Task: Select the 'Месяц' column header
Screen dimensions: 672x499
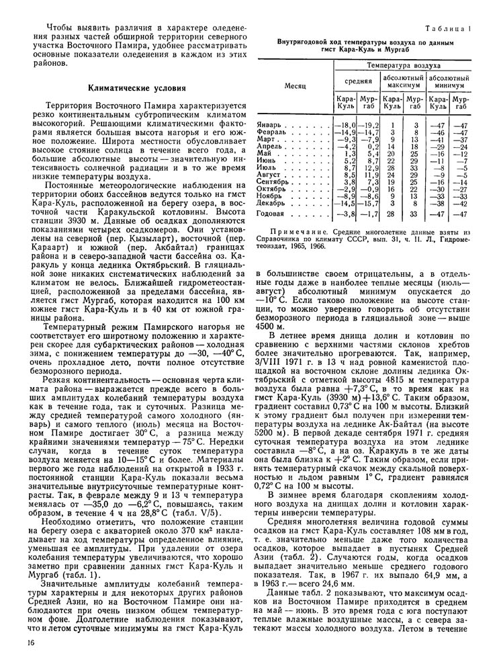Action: (x=296, y=87)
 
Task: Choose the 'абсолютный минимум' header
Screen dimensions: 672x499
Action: (x=449, y=81)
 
